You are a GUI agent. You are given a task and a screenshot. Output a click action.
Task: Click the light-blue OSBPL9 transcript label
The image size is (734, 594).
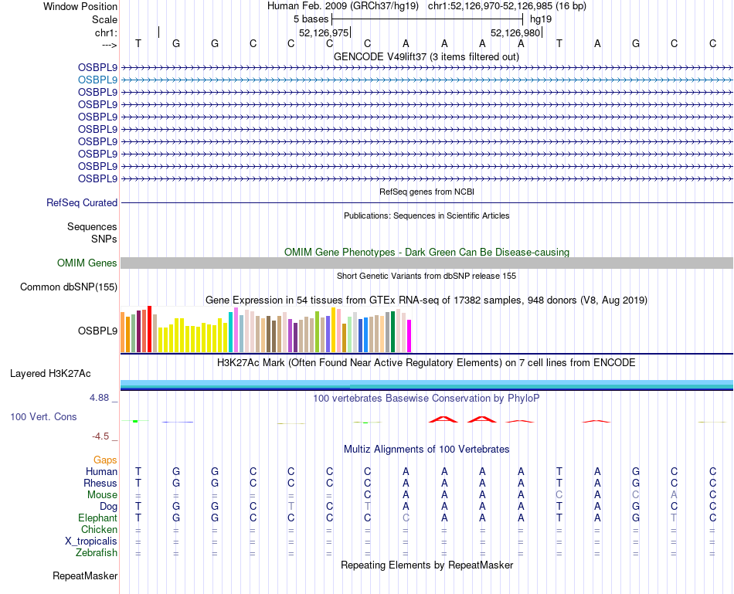pos(97,80)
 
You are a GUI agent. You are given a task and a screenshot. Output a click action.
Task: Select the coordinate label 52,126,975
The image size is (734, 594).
pos(325,32)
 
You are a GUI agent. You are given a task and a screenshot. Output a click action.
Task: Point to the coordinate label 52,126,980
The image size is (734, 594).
pos(515,32)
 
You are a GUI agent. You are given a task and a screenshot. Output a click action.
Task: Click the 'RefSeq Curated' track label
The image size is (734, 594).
pos(82,202)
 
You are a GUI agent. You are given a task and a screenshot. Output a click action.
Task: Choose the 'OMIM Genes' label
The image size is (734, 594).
pos(87,263)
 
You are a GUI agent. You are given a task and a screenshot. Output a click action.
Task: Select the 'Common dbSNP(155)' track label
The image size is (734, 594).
pos(69,287)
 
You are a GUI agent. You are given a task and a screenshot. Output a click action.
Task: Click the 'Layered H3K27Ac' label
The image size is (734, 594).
pos(50,374)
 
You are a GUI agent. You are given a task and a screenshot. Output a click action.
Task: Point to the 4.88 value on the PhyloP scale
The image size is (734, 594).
pos(100,398)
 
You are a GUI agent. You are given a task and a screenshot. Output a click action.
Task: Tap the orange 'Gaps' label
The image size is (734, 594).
pos(105,460)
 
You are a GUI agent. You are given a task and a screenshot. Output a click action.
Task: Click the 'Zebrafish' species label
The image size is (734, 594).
pos(97,553)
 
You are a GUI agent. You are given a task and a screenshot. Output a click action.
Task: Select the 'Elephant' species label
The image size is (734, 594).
pos(97,518)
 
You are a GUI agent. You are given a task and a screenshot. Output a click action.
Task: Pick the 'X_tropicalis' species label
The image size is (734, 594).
pos(91,541)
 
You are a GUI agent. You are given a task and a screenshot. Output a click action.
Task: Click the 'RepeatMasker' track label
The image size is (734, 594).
pos(85,576)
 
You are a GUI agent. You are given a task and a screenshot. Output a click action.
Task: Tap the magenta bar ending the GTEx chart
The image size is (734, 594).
pos(409,336)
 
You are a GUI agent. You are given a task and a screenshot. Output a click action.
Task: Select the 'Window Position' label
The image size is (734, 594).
pos(80,6)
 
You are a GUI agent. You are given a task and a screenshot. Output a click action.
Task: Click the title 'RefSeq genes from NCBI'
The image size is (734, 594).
pos(426,191)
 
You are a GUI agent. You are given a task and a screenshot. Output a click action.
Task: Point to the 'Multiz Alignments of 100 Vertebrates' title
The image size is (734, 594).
pos(426,449)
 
